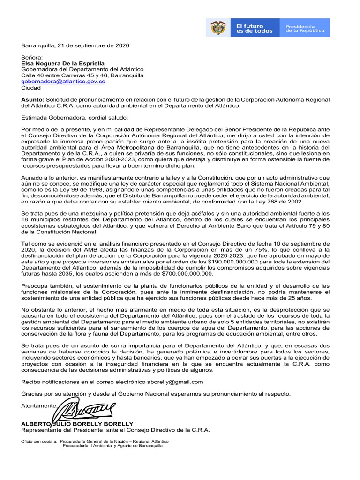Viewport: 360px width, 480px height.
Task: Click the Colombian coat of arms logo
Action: click(218, 28)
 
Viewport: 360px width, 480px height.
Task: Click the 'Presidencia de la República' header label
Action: click(305, 28)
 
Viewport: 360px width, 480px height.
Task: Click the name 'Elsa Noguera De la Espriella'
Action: click(63, 63)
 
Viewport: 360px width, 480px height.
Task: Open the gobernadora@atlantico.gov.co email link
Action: click(63, 81)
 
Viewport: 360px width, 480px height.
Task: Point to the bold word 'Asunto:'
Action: click(32, 99)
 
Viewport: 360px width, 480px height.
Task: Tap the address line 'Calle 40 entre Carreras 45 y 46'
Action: click(65, 75)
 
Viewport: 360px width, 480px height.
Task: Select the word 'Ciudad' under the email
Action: click(31, 87)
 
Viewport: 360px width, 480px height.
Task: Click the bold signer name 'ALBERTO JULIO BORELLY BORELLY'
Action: click(77, 423)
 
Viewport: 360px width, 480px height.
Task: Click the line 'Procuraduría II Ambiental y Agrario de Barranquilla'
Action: click(112, 446)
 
